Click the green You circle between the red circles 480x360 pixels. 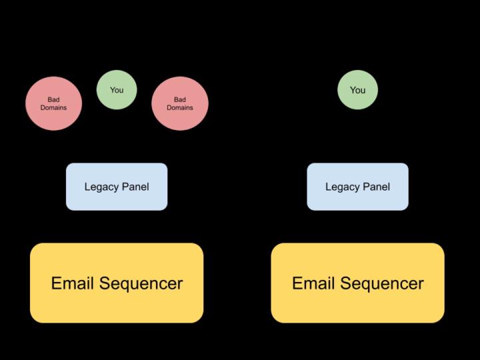[117, 89]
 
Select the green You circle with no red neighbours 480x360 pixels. [357, 89]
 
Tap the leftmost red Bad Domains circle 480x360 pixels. [53, 103]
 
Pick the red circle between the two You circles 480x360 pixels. [179, 103]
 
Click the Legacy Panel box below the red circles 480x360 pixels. [117, 187]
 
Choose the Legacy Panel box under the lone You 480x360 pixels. [357, 187]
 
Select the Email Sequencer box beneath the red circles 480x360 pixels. [117, 283]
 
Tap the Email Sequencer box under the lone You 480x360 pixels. [357, 283]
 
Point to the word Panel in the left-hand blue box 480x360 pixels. [135, 187]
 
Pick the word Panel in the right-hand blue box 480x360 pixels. [375, 187]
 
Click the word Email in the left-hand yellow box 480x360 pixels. [72, 283]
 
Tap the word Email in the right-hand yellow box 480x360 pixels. [313, 283]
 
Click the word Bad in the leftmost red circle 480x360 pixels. [53, 99]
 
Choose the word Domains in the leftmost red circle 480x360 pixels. [53, 107]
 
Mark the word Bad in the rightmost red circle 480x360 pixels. [179, 99]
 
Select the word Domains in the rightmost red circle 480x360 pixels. [179, 107]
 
